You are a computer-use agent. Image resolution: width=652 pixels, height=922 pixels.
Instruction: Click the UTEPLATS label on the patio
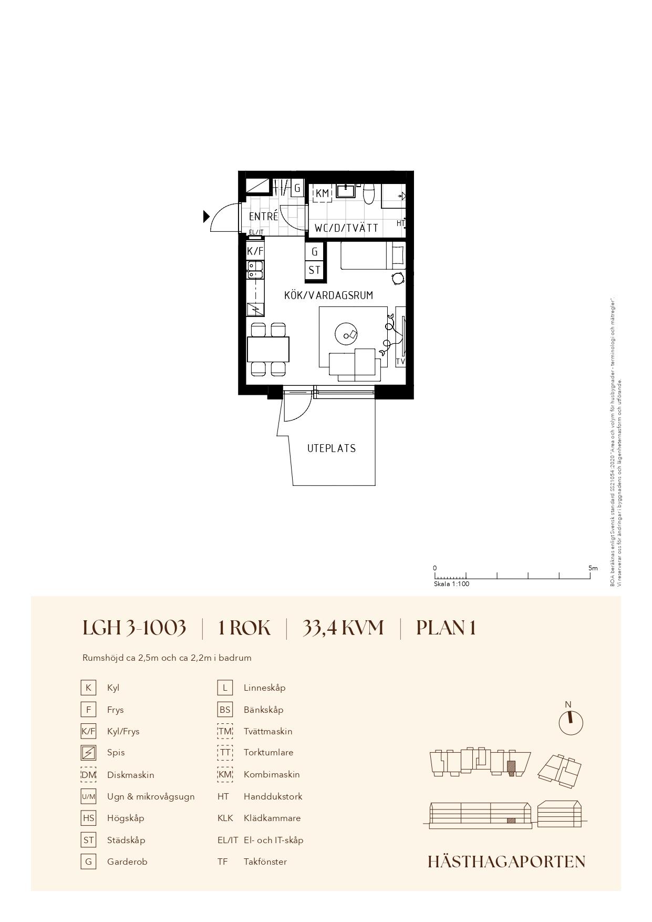coord(332,448)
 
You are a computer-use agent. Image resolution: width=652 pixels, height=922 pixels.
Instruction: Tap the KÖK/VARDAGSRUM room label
coord(328,295)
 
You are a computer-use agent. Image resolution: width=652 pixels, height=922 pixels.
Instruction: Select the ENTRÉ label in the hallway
coord(263,216)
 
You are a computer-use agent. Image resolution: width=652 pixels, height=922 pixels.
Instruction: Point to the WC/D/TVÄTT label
coord(346,228)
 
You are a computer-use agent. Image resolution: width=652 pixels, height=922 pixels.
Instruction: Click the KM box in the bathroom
coord(322,193)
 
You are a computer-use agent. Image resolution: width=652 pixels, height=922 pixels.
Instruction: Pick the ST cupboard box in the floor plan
coord(314,270)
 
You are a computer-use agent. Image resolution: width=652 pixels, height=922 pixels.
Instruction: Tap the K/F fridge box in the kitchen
coord(255,251)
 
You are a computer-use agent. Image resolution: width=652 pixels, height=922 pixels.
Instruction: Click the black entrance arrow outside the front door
coord(206,216)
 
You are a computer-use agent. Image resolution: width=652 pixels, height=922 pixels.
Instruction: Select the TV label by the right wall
coord(400,362)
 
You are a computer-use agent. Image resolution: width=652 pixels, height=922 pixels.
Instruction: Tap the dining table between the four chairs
coord(268,350)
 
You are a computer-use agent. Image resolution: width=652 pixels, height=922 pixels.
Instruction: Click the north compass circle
coord(571,723)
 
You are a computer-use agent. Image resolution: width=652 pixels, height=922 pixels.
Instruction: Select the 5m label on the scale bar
coord(593,568)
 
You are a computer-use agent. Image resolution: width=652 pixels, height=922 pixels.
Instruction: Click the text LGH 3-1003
coord(134,628)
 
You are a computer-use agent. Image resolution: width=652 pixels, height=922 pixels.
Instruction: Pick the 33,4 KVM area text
coord(343,628)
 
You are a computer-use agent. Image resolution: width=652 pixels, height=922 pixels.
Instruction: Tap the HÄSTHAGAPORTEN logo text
coord(506,862)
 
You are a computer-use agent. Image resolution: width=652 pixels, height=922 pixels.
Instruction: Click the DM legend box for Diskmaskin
coord(88,775)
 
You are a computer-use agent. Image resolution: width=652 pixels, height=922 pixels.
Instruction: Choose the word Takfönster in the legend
coord(265,862)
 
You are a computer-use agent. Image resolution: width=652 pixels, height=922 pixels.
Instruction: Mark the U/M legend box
coord(88,796)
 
